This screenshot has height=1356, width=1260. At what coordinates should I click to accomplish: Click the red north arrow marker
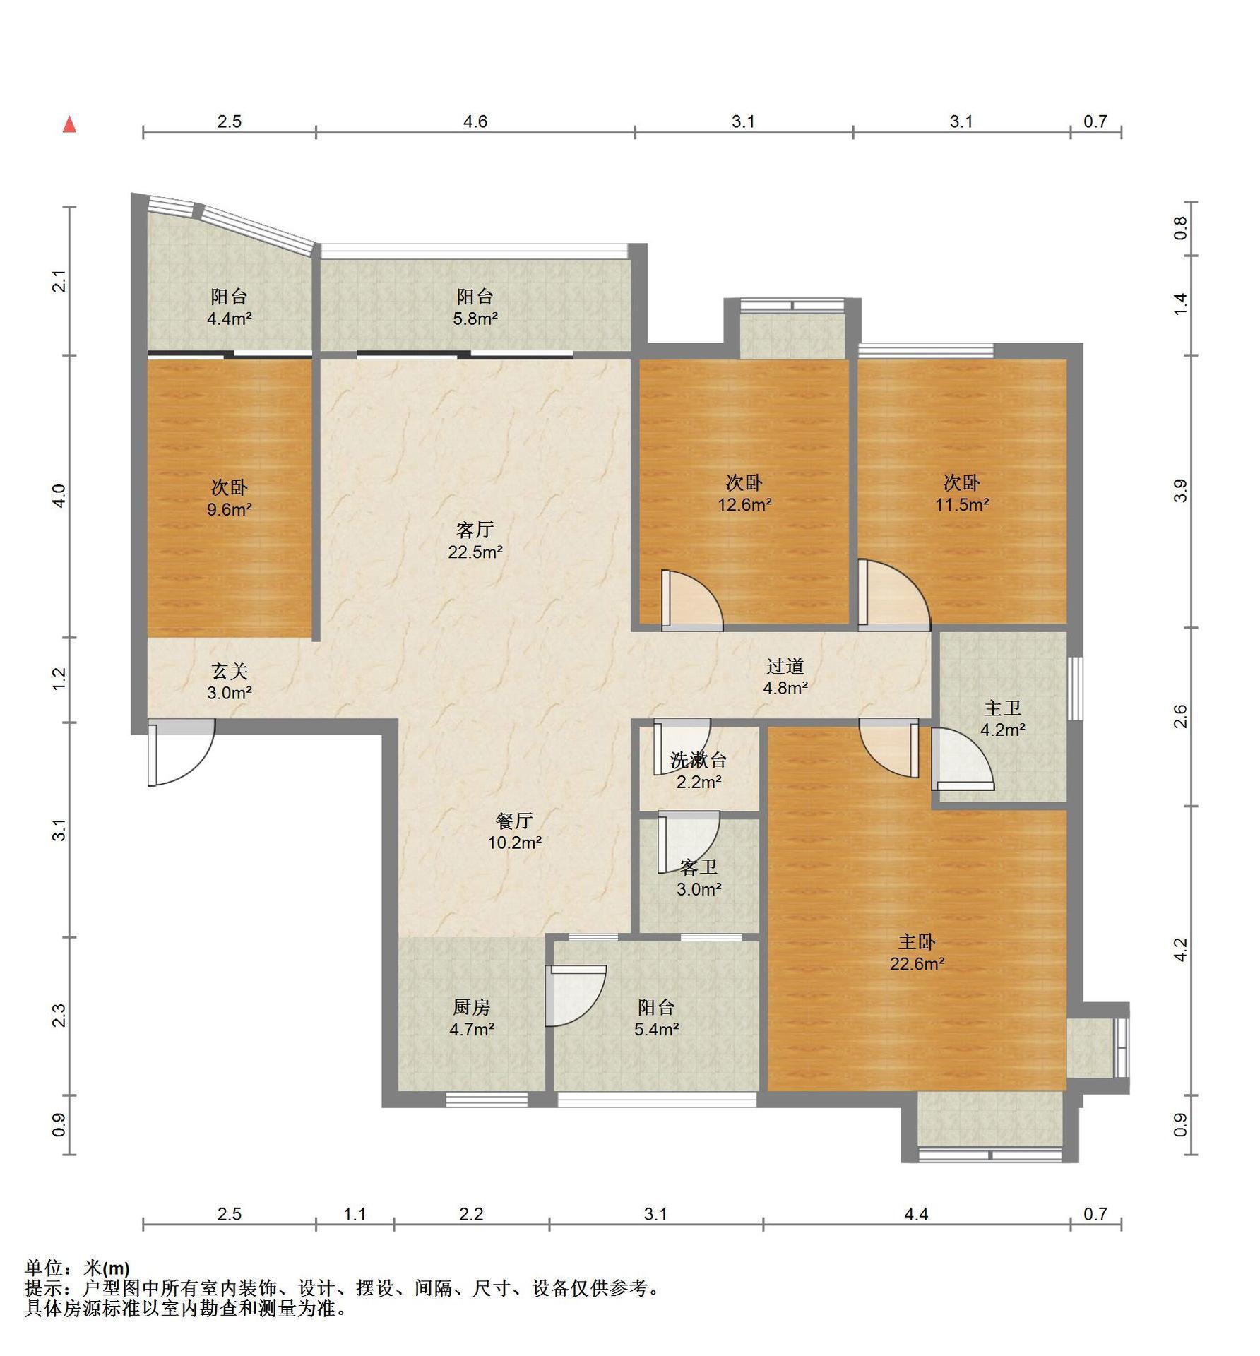pyautogui.click(x=69, y=125)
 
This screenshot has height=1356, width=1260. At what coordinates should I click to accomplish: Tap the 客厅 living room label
pyautogui.click(x=475, y=529)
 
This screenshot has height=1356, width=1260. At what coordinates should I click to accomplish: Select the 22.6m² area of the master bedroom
pyautogui.click(x=917, y=964)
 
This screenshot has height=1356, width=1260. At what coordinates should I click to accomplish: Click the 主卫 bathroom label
pyautogui.click(x=1002, y=708)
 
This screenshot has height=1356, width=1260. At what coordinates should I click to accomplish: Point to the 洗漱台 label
pyautogui.click(x=698, y=760)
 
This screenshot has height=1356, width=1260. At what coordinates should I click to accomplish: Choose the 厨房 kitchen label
pyautogui.click(x=471, y=1007)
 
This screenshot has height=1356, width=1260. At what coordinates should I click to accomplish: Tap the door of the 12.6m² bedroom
pyautogui.click(x=692, y=600)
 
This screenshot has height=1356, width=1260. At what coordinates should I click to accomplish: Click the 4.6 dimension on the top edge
pyautogui.click(x=475, y=121)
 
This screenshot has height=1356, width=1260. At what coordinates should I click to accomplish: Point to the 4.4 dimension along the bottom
pyautogui.click(x=916, y=1213)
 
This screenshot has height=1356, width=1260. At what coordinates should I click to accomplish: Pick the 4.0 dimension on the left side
pyautogui.click(x=59, y=495)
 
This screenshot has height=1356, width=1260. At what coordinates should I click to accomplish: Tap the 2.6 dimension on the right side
pyautogui.click(x=1180, y=716)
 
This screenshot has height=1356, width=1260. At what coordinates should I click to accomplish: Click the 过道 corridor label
pyautogui.click(x=785, y=666)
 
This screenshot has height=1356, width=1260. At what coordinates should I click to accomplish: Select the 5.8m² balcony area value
pyautogui.click(x=475, y=319)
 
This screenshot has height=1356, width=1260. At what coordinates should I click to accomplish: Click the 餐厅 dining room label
pyautogui.click(x=513, y=821)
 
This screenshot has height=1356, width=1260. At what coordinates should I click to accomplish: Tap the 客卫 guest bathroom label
pyautogui.click(x=699, y=868)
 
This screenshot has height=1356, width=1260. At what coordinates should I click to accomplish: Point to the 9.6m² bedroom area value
pyautogui.click(x=230, y=509)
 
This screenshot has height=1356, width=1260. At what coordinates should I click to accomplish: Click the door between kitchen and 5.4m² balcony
pyautogui.click(x=576, y=995)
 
